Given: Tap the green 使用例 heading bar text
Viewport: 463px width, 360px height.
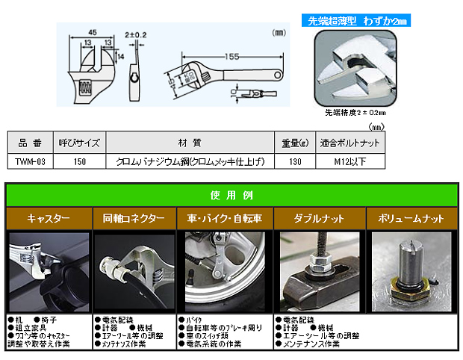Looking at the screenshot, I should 232,196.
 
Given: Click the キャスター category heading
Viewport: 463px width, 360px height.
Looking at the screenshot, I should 49,219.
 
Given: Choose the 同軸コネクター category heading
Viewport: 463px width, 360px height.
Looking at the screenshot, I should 134,219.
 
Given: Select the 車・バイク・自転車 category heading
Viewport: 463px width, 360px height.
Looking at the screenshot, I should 225,219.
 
